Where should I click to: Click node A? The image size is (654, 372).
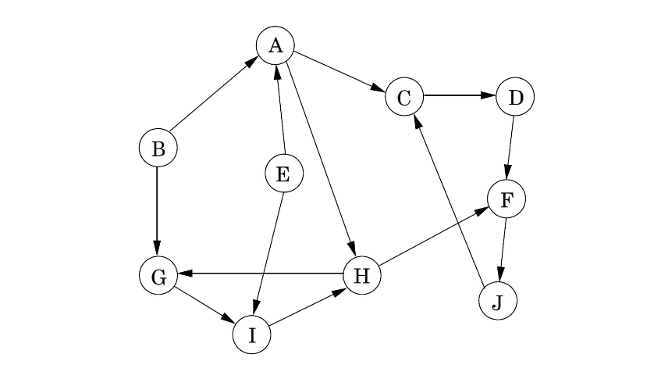(x=275, y=46)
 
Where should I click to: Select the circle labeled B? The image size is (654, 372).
(x=158, y=148)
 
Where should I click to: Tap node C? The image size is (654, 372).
(x=403, y=98)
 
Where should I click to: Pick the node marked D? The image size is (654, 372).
(x=515, y=98)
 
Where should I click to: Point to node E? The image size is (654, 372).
(x=283, y=173)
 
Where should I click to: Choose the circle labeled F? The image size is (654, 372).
(x=506, y=199)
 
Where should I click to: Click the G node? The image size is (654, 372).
(x=158, y=276)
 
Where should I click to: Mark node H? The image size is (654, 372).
(x=361, y=275)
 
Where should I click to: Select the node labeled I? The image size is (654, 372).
(x=251, y=334)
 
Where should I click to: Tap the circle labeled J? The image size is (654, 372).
(x=497, y=302)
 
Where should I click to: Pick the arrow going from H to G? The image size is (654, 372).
(x=260, y=274)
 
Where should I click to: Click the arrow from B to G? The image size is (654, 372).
(x=158, y=212)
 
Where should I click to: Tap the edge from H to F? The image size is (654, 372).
(x=434, y=238)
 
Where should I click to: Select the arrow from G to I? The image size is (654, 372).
(x=204, y=305)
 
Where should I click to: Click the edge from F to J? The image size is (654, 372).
(x=502, y=251)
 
